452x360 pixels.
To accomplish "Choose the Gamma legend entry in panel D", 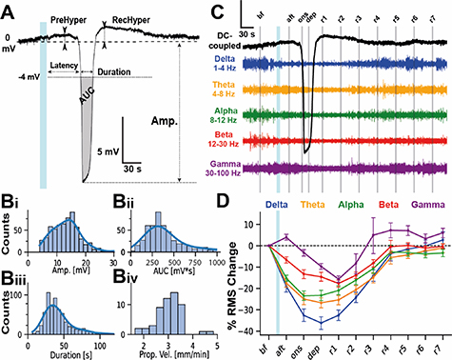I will [426, 203].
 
